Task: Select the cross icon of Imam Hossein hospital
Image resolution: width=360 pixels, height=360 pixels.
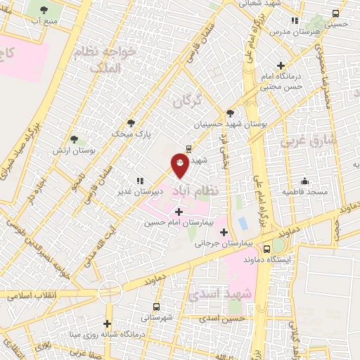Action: (x=178, y=211)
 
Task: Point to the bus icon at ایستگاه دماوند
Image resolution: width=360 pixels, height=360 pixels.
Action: (x=266, y=249)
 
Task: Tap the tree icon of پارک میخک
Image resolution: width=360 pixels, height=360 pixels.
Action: (x=131, y=123)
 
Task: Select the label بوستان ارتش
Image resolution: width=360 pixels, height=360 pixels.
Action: (x=74, y=150)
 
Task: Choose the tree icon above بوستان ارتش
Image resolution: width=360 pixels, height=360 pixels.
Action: (x=75, y=140)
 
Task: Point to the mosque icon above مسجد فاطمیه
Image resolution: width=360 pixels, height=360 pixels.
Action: (x=304, y=181)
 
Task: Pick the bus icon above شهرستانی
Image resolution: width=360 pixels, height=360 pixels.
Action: (x=155, y=307)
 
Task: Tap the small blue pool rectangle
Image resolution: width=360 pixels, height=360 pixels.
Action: (x=243, y=224)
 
